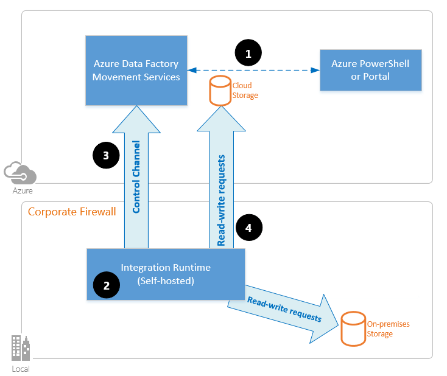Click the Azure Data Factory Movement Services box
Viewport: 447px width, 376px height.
(136, 70)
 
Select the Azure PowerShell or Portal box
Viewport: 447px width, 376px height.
(370, 70)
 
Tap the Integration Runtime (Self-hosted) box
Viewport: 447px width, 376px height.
(166, 274)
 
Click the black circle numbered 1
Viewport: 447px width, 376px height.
(248, 54)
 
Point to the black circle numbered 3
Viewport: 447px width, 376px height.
(105, 155)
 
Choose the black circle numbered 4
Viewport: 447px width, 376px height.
(248, 228)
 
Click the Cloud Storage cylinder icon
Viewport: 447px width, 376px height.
(220, 90)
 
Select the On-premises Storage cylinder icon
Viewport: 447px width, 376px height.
(353, 328)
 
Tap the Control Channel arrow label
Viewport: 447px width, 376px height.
(136, 176)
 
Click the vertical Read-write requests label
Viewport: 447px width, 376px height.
(222, 200)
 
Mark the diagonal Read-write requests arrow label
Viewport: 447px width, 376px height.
(284, 309)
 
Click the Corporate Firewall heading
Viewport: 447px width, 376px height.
(72, 212)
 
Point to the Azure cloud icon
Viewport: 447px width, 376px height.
(20, 173)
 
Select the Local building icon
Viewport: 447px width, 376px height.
(20, 349)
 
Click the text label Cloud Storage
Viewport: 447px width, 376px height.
(245, 91)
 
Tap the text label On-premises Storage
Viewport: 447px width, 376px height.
(388, 329)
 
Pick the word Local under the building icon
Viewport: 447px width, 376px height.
(20, 369)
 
